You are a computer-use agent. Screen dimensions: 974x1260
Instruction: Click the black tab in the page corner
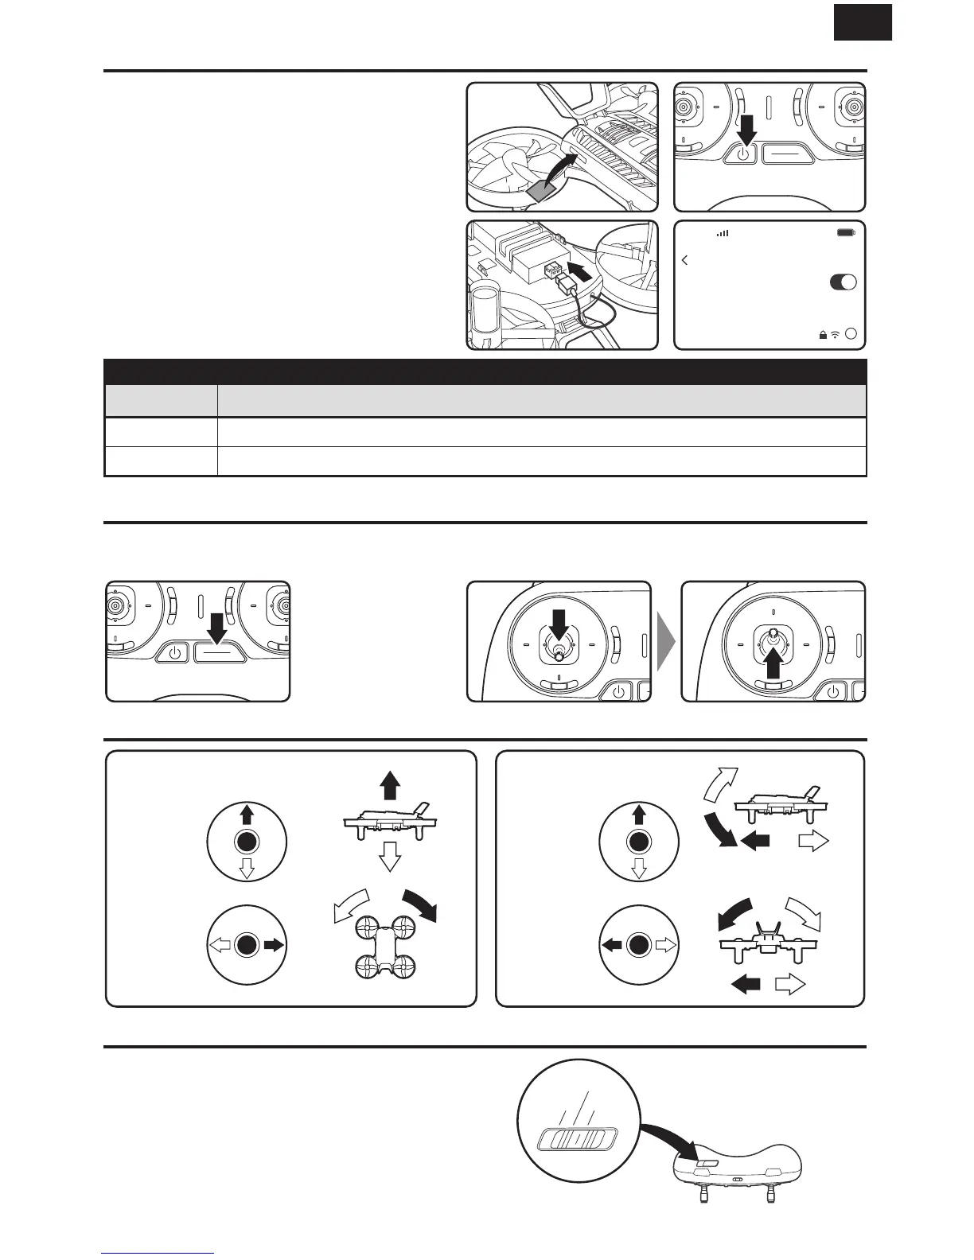click(x=863, y=21)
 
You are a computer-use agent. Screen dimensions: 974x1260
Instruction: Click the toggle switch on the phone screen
click(x=843, y=282)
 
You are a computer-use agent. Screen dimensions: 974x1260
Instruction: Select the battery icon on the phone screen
click(x=846, y=234)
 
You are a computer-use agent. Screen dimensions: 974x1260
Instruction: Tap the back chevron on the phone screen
click(x=685, y=260)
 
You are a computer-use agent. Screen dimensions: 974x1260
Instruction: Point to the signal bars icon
click(x=723, y=234)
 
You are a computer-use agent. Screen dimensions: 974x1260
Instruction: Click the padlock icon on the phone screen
click(x=822, y=335)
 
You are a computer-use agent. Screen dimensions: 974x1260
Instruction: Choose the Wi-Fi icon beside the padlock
click(x=835, y=335)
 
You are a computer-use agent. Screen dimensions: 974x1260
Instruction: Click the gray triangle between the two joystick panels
click(x=666, y=641)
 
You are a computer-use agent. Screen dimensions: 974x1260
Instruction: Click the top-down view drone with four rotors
click(x=386, y=945)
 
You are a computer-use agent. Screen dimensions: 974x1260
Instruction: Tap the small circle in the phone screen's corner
click(x=851, y=335)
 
